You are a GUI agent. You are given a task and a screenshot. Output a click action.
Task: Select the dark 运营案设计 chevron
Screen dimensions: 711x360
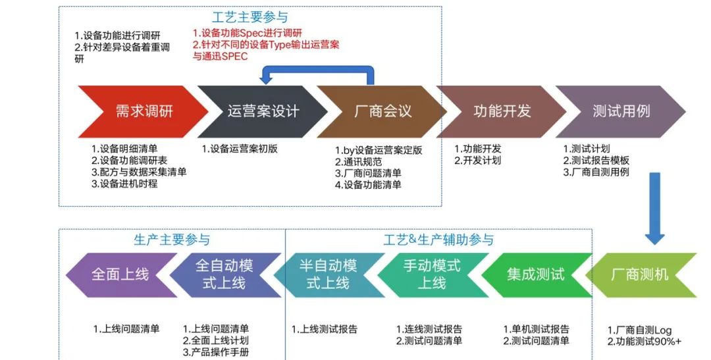pyautogui.click(x=263, y=111)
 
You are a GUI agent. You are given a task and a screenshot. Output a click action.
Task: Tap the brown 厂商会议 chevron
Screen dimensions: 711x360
pyautogui.click(x=383, y=111)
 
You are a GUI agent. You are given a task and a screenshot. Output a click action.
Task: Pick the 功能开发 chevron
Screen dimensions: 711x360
pyautogui.click(x=502, y=111)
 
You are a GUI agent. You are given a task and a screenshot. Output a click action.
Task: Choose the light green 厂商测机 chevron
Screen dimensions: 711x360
pyautogui.click(x=641, y=275)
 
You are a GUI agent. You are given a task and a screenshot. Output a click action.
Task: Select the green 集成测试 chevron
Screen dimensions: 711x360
pyautogui.click(x=536, y=275)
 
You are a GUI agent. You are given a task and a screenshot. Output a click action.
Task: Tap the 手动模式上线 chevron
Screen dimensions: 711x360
pyautogui.click(x=432, y=275)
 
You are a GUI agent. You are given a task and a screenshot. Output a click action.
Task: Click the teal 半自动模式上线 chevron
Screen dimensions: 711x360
pyautogui.click(x=329, y=275)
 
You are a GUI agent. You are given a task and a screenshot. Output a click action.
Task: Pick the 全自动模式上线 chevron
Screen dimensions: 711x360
pyautogui.click(x=225, y=275)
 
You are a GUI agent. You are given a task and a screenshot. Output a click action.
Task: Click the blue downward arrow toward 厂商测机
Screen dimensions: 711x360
pyautogui.click(x=654, y=209)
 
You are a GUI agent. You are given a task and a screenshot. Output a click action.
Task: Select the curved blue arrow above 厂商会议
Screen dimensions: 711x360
pyautogui.click(x=317, y=69)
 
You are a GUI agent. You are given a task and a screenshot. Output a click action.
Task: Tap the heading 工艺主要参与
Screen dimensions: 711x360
pyautogui.click(x=250, y=17)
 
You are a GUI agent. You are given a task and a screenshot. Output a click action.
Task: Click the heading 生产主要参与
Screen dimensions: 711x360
pyautogui.click(x=172, y=240)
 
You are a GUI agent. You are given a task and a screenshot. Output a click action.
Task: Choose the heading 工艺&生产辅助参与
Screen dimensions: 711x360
pyautogui.click(x=438, y=240)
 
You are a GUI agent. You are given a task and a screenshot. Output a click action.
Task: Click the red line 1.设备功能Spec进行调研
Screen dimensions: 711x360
pyautogui.click(x=248, y=33)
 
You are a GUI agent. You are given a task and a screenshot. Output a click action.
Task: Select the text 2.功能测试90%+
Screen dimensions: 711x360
pyautogui.click(x=645, y=342)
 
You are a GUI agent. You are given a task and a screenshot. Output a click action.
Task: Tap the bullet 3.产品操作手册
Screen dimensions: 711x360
pyautogui.click(x=216, y=352)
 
